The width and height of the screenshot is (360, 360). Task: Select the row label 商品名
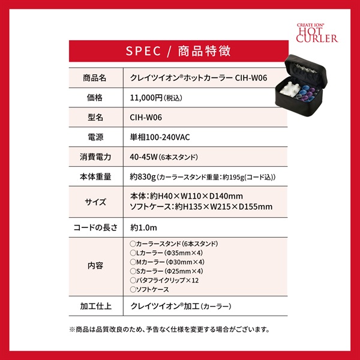(95, 78)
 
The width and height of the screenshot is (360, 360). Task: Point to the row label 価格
(95, 97)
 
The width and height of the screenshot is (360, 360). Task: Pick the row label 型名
(95, 117)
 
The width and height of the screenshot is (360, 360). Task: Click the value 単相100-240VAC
(160, 137)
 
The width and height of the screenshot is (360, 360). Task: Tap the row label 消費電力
(95, 157)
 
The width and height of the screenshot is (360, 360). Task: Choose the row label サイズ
(95, 202)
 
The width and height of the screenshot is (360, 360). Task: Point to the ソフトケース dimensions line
(201, 207)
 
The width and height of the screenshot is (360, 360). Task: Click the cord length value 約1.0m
(143, 228)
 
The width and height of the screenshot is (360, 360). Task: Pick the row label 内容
(95, 266)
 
